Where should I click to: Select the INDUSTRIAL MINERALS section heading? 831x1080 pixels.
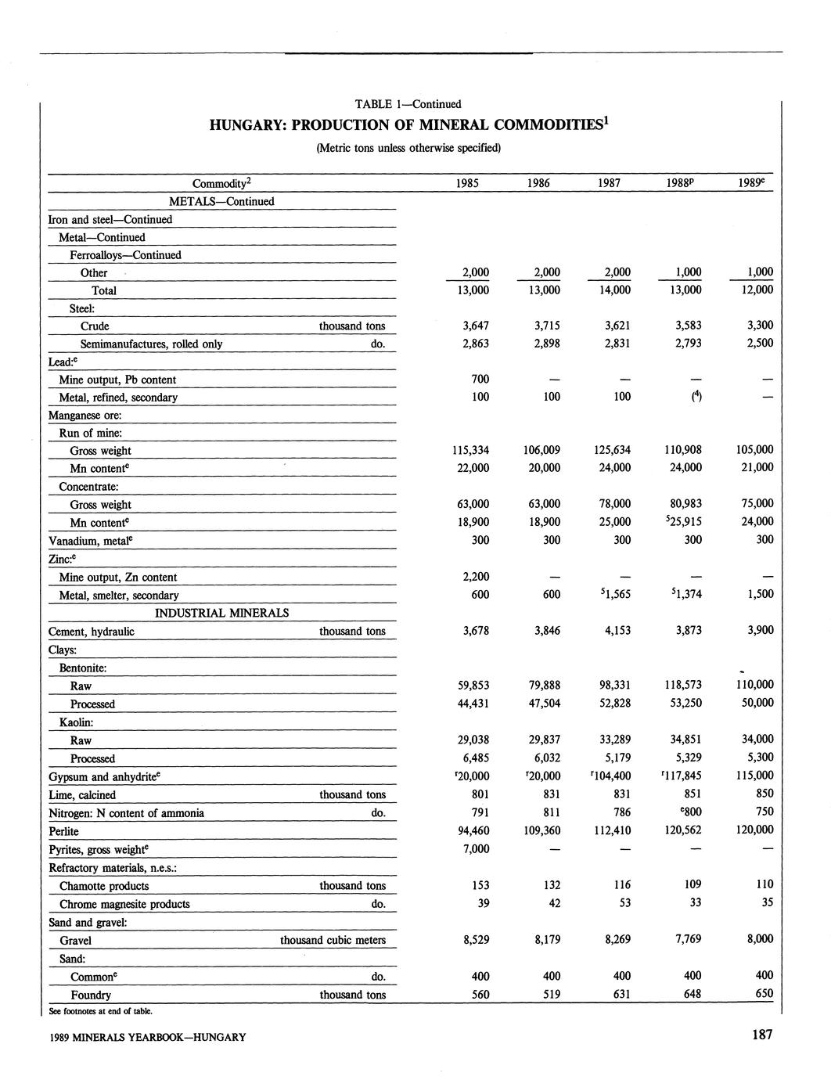pos(222,613)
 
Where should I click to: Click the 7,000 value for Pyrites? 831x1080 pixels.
pos(476,849)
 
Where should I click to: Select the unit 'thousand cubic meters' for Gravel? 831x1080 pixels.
pos(333,940)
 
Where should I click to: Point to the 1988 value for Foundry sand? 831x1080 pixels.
pos(689,995)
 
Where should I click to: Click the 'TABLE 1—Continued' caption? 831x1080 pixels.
pos(408,103)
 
